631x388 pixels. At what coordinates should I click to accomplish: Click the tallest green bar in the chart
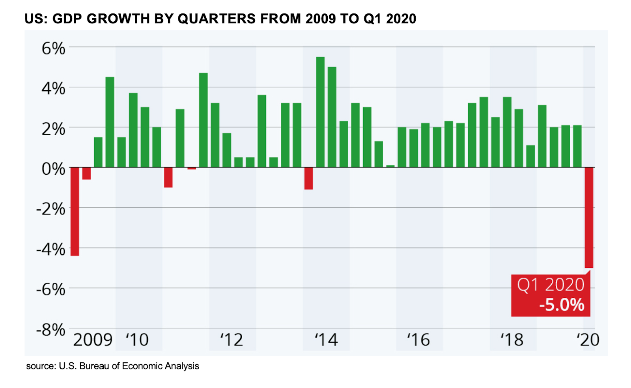click(320, 112)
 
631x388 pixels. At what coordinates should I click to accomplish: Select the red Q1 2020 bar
click(589, 217)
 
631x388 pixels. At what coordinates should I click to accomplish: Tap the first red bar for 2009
click(75, 211)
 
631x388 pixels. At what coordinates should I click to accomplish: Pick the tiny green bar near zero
click(390, 166)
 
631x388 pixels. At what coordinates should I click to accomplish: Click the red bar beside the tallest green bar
click(308, 178)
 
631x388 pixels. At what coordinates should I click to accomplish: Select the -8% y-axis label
click(50, 329)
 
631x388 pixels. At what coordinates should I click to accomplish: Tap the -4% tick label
click(50, 249)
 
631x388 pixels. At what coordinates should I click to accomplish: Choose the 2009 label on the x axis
click(93, 340)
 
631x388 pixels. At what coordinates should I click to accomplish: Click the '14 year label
click(326, 340)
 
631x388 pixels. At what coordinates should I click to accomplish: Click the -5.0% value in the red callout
click(562, 305)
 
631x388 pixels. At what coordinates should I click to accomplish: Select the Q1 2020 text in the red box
click(551, 285)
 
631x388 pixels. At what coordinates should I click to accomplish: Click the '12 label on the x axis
click(231, 340)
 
